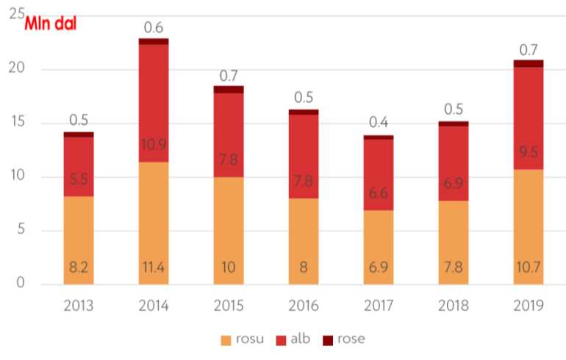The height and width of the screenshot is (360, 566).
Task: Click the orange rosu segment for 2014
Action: (x=153, y=220)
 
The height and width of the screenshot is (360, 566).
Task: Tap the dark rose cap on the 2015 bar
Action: (x=229, y=90)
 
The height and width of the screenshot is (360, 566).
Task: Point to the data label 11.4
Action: (x=153, y=268)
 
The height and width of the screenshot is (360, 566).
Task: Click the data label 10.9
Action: (x=153, y=145)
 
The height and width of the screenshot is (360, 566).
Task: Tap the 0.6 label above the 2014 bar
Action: (x=153, y=27)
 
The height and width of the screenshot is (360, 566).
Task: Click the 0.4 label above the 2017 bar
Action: (x=378, y=123)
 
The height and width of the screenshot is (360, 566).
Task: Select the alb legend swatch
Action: (x=282, y=339)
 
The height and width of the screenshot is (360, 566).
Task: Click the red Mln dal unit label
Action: (x=51, y=22)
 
